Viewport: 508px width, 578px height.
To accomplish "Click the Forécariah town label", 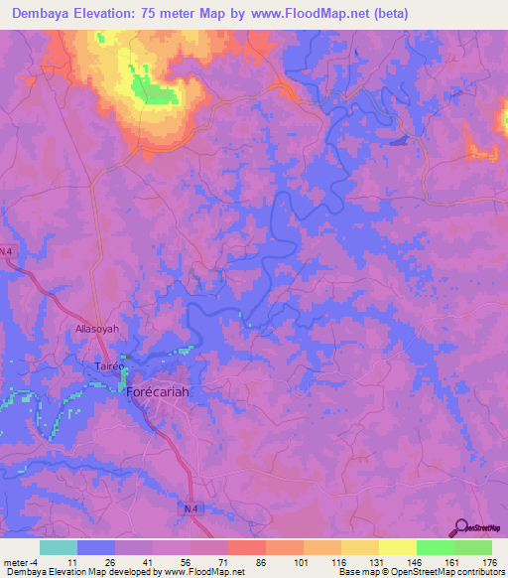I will pyautogui.click(x=159, y=391).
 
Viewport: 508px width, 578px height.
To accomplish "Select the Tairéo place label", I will pyautogui.click(x=97, y=366).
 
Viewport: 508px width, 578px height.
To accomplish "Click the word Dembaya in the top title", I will pyautogui.click(x=47, y=14).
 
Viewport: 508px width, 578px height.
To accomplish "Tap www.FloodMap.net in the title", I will pyautogui.click(x=310, y=14).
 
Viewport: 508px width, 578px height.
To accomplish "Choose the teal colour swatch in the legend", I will pyautogui.click(x=59, y=547).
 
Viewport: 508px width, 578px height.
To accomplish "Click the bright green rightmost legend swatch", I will pyautogui.click(x=472, y=547).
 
